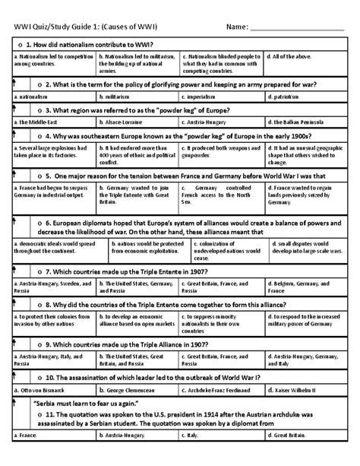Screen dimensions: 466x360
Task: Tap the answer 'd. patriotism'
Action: click(x=286, y=97)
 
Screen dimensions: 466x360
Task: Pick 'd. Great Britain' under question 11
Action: click(x=289, y=456)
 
